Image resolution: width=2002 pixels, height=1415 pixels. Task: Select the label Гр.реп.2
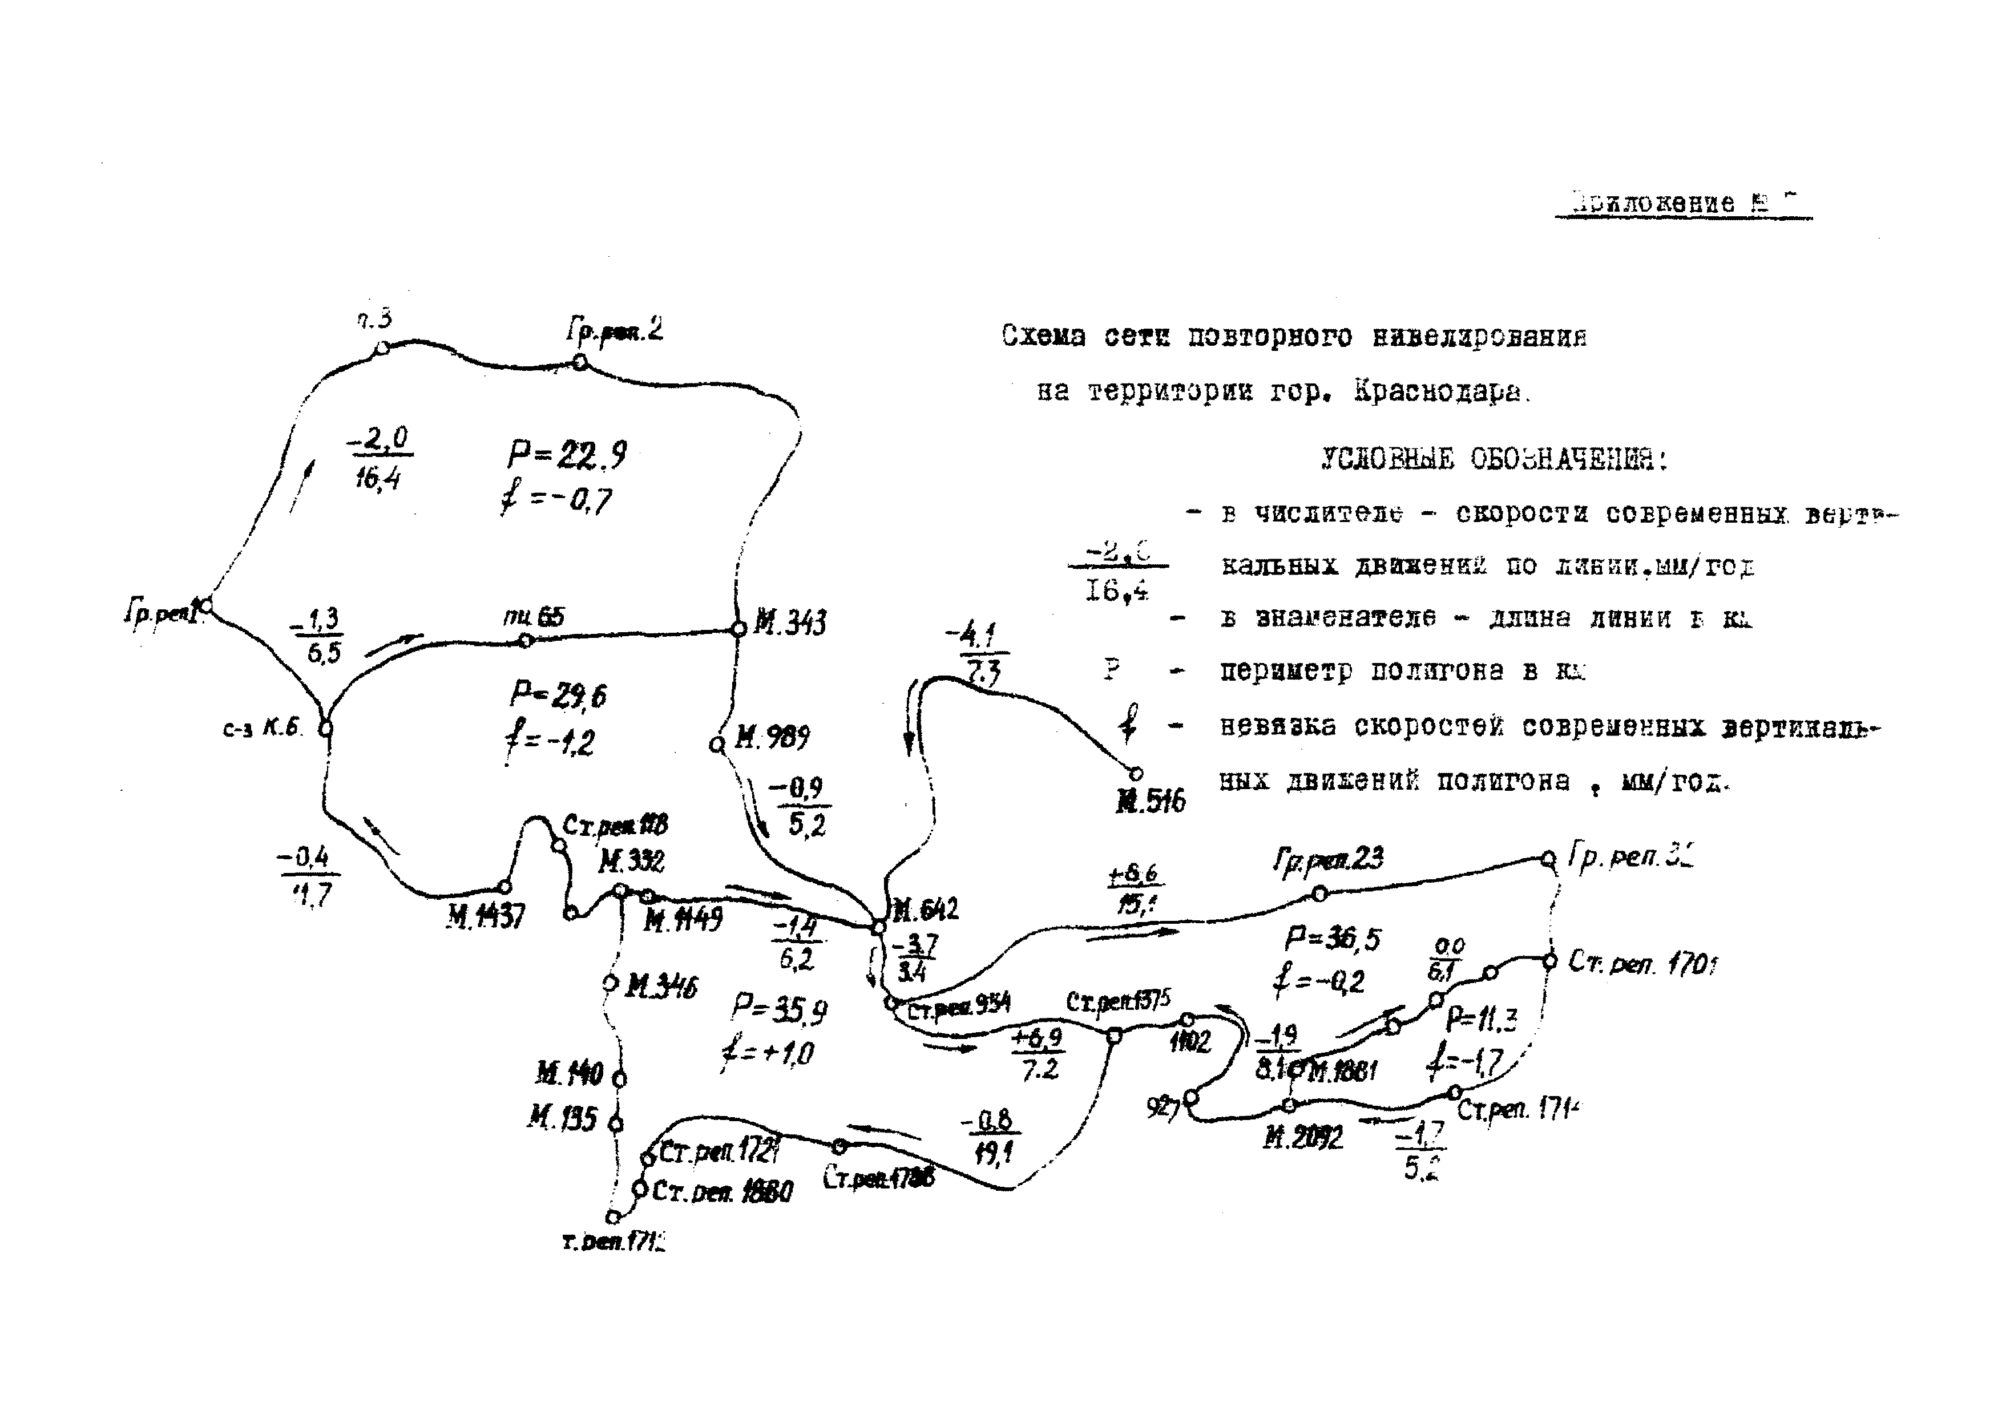615,330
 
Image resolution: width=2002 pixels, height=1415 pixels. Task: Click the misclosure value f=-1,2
550,743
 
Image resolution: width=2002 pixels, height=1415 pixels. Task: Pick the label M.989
772,738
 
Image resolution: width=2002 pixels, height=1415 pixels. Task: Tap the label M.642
925,909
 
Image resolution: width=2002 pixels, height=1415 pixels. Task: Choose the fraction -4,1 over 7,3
978,654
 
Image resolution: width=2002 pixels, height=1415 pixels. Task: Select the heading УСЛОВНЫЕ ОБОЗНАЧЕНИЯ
1494,459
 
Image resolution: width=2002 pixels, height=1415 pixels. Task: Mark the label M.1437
486,916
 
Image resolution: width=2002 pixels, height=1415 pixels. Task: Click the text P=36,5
1333,939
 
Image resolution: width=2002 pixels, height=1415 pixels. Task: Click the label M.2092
1303,1138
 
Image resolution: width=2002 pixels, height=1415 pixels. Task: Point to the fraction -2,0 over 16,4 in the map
380,458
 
